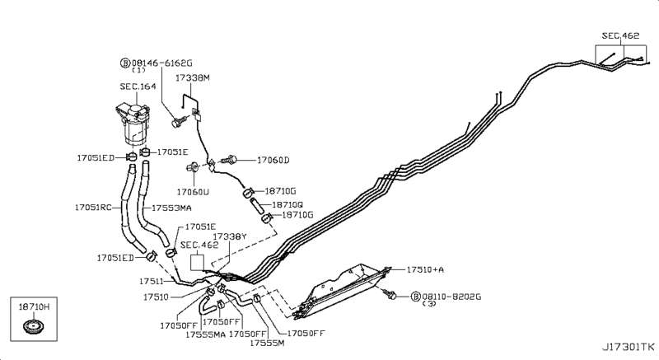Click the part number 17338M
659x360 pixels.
point(193,77)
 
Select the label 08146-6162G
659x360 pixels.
point(161,63)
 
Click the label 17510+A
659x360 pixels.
point(426,269)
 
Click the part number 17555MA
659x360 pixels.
point(205,334)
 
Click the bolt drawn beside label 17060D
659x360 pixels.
point(231,158)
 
